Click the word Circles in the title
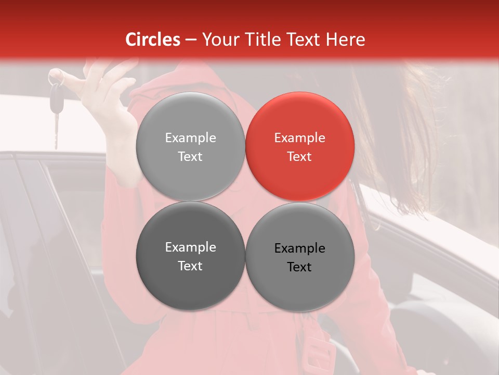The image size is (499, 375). [153, 40]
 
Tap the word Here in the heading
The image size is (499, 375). [344, 40]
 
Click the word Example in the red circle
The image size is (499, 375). [299, 138]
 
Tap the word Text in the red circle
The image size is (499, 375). [299, 156]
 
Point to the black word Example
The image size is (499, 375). [299, 248]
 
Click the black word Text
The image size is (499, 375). [299, 267]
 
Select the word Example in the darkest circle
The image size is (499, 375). [190, 247]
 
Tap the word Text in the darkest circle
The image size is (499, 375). [190, 266]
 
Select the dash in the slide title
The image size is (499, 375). [190, 40]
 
